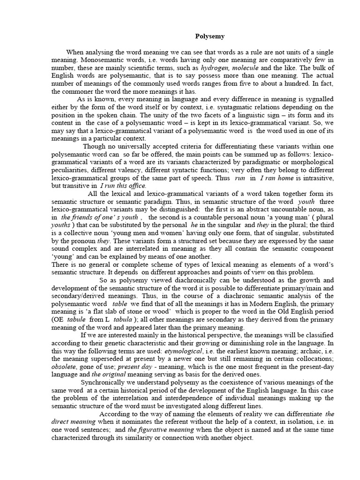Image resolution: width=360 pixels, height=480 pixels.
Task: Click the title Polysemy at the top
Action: click(x=210, y=36)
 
